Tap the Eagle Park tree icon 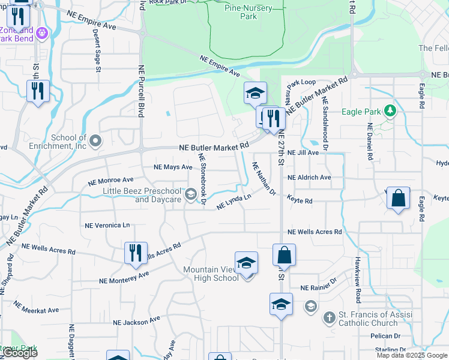tap(391, 111)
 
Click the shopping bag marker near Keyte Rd tap(398, 199)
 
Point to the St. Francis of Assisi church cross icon tap(328, 318)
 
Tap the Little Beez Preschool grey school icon tap(191, 194)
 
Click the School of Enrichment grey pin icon tap(96, 141)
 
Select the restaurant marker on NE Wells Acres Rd tap(136, 252)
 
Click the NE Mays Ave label tap(173, 167)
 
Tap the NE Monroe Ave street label tap(110, 180)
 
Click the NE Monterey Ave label tap(124, 278)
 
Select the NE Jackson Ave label tap(134, 322)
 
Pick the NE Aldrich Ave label tap(309, 178)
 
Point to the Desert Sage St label tap(97, 51)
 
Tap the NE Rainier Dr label tap(319, 287)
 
